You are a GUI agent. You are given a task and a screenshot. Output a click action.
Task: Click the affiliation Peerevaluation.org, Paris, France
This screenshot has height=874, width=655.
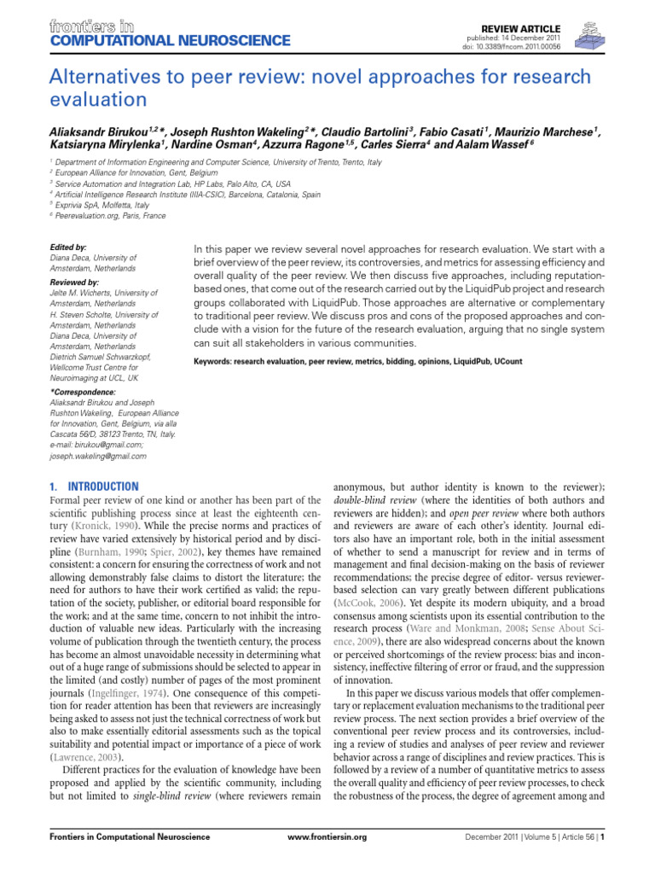point(112,216)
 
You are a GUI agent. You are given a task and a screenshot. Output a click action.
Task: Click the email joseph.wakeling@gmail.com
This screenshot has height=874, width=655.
point(99,456)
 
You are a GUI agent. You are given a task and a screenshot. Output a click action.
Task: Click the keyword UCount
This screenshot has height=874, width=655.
point(509,363)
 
